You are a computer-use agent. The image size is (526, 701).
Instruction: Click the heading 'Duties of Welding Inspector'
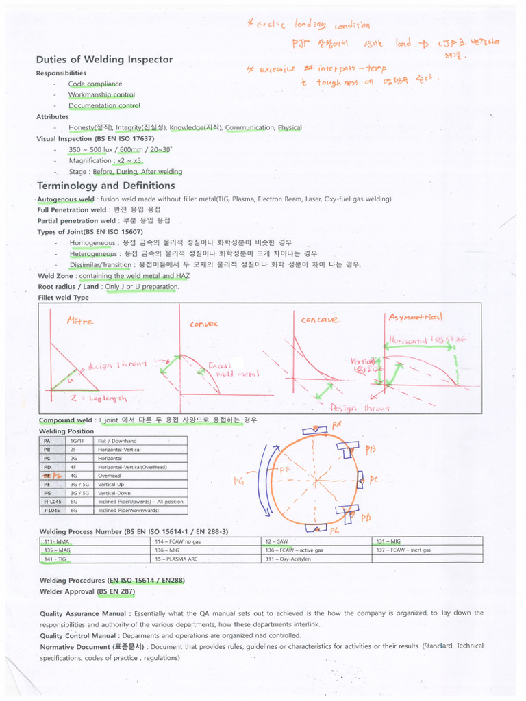(x=104, y=60)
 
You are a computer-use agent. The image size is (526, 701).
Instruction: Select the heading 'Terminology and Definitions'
(x=105, y=186)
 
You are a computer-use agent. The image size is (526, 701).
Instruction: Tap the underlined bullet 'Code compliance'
(x=95, y=84)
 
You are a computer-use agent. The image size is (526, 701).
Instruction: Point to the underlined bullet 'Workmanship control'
(x=101, y=94)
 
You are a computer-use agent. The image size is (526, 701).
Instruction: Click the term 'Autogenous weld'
(x=66, y=199)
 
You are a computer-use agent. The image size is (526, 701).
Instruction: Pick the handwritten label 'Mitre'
(x=80, y=320)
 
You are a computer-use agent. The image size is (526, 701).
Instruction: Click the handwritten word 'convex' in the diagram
(x=203, y=323)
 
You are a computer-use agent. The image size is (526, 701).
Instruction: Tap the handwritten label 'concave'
(x=320, y=320)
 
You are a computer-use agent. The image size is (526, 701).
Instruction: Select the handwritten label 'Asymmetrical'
(x=416, y=317)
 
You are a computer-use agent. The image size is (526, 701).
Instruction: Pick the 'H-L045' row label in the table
(x=50, y=501)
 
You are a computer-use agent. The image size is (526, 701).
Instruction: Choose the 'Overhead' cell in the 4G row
(x=109, y=475)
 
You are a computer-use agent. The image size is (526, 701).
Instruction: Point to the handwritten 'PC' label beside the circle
(x=373, y=480)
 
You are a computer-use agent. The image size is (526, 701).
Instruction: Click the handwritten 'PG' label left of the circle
(x=238, y=481)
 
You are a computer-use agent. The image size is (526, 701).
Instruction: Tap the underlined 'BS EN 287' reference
(x=116, y=591)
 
